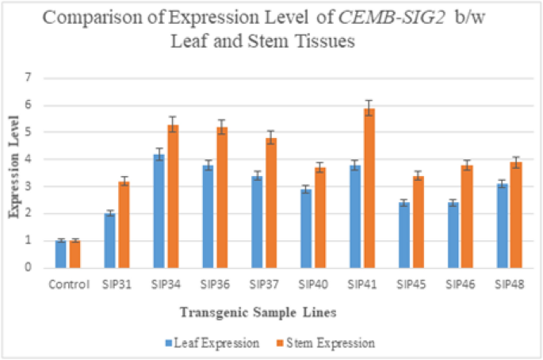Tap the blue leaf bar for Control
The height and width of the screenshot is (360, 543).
61,254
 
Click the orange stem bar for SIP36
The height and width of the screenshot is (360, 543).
222,197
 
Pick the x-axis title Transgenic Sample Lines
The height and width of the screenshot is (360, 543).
270,313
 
